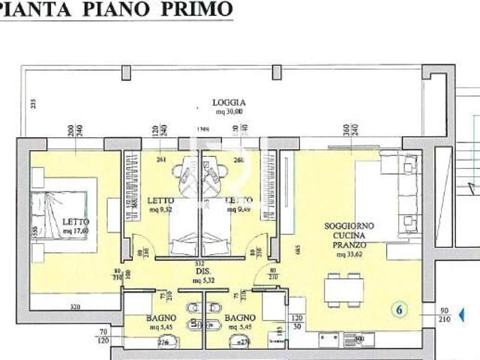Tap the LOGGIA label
(229, 103)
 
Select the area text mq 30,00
(229, 112)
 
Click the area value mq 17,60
(76, 231)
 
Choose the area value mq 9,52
(160, 210)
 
